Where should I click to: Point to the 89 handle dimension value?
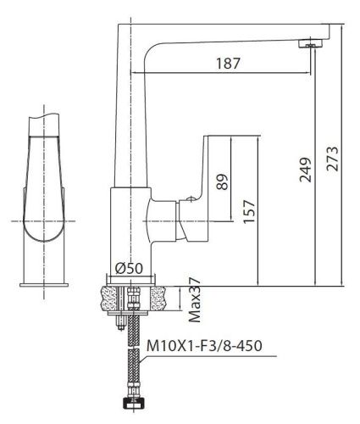pyautogui.click(x=222, y=181)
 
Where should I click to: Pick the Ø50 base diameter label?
pyautogui.click(x=128, y=268)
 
